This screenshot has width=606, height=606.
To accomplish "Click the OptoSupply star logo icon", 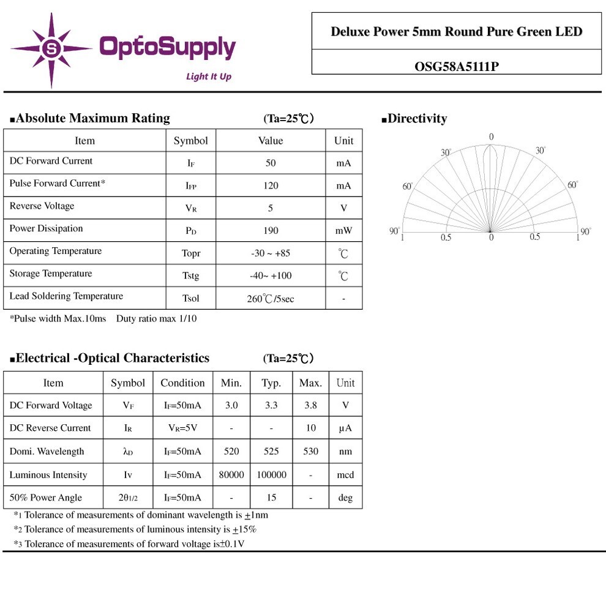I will pyautogui.click(x=52, y=49).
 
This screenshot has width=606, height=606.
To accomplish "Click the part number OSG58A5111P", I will pyautogui.click(x=456, y=66).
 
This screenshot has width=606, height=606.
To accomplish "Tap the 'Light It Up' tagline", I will pyautogui.click(x=208, y=77).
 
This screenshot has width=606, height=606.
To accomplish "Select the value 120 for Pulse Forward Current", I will pyautogui.click(x=271, y=185).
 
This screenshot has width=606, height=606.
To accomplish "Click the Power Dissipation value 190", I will pyautogui.click(x=271, y=231).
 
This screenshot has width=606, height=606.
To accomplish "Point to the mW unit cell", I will pyautogui.click(x=343, y=231).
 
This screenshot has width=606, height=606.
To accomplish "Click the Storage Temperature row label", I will pyautogui.click(x=50, y=274).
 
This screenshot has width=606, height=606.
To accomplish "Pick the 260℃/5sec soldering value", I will pyautogui.click(x=271, y=299).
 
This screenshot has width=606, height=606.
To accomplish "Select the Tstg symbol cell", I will pyautogui.click(x=190, y=276).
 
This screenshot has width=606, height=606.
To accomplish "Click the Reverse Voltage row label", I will pyautogui.click(x=42, y=206).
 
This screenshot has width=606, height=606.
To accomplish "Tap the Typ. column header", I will pyautogui.click(x=271, y=383).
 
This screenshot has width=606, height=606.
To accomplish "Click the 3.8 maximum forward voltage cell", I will pyautogui.click(x=310, y=405).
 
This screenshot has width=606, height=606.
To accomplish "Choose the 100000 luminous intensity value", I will pyautogui.click(x=271, y=475).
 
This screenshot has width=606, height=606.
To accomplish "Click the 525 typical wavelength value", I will pyautogui.click(x=271, y=452).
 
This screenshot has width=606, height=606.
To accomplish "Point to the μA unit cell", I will pyautogui.click(x=345, y=428).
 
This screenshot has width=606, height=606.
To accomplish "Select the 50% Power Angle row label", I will pyautogui.click(x=45, y=498).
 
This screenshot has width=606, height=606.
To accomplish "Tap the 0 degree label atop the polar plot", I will pyautogui.click(x=491, y=137).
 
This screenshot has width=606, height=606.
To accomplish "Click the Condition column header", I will pyautogui.click(x=182, y=383).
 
